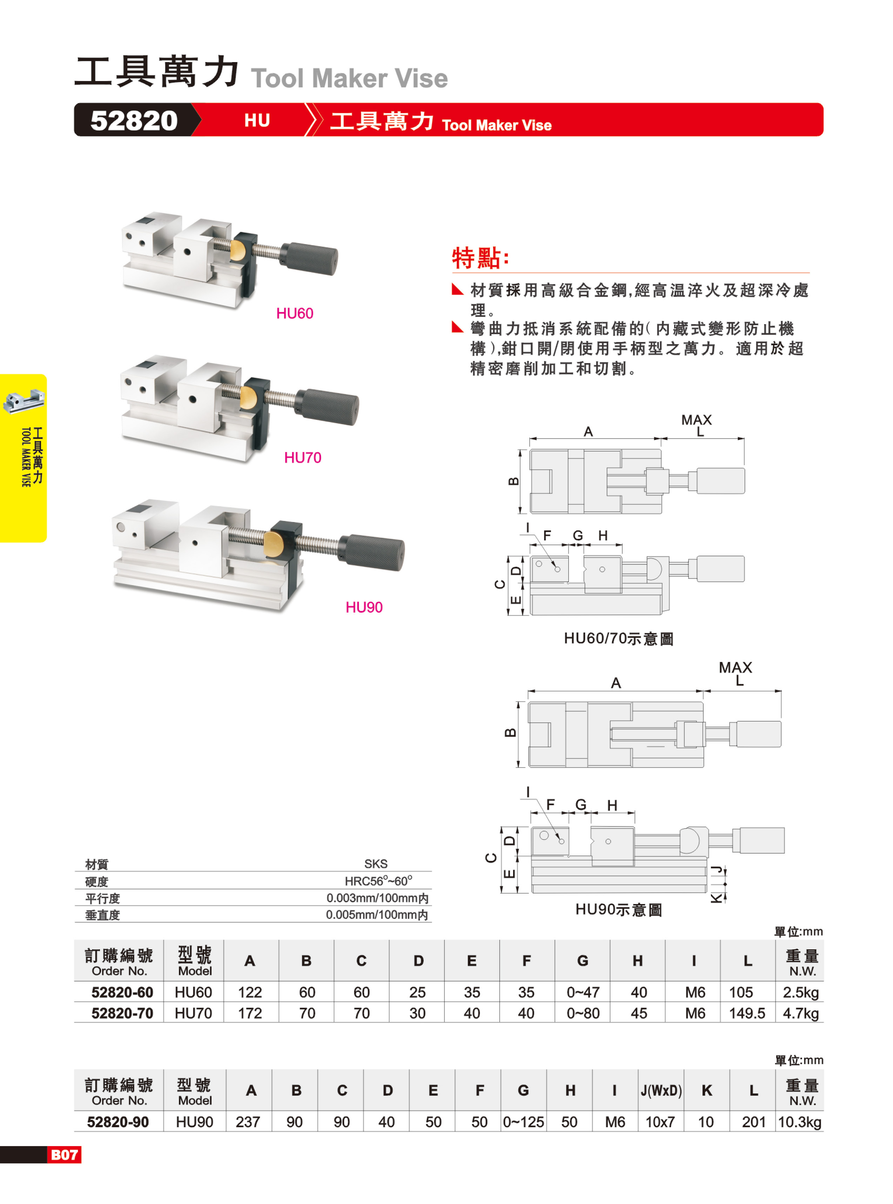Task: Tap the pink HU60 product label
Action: point(295,314)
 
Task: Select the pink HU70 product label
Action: point(303,458)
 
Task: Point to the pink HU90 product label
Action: point(364,607)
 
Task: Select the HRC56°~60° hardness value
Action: point(378,881)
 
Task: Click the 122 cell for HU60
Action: point(250,992)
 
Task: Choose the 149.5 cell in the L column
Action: point(747,1013)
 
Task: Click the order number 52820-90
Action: point(118,1122)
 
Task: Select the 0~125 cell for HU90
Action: point(523,1122)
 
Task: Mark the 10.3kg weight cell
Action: point(799,1122)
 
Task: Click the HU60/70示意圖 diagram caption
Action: point(619,638)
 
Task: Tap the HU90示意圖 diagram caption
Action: point(619,909)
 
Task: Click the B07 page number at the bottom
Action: point(64,1155)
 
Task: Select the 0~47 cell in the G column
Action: point(583,992)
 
